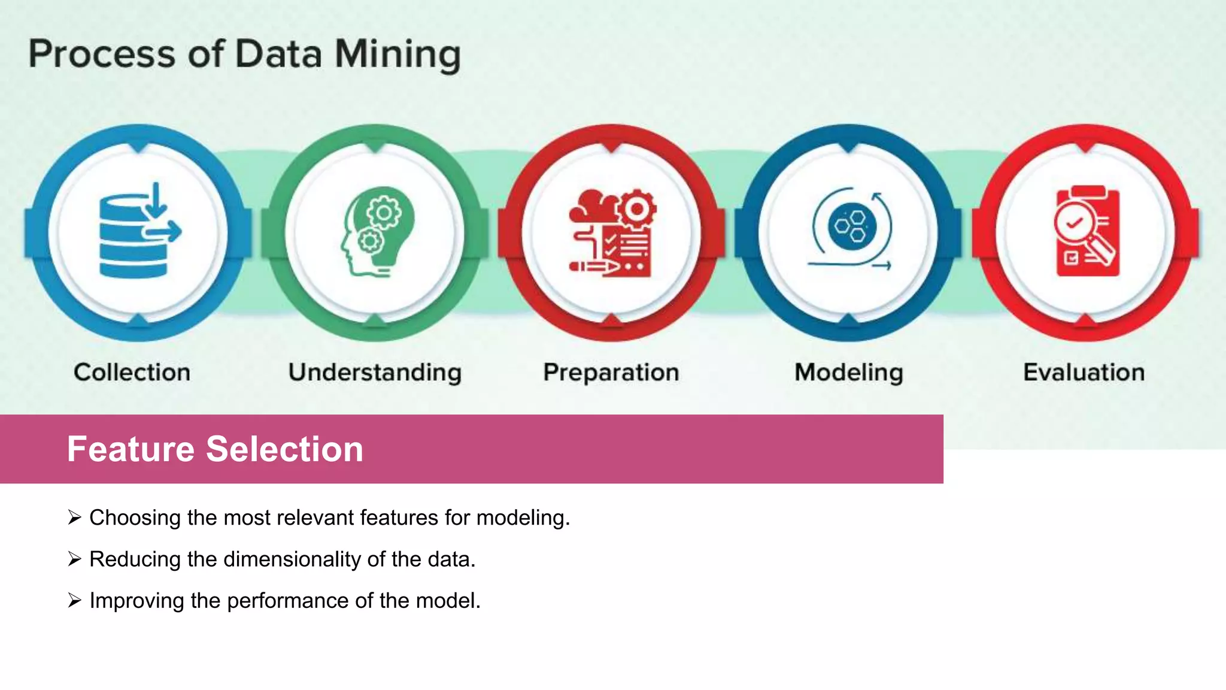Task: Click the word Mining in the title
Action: (x=397, y=55)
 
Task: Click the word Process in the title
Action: (x=102, y=55)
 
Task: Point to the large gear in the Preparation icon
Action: (x=637, y=209)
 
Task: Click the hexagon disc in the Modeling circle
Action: (x=852, y=227)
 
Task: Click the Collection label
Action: (x=132, y=373)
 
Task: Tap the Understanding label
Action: (x=375, y=373)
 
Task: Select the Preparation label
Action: (x=611, y=373)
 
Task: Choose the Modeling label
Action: (x=849, y=373)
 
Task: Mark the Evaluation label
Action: (x=1084, y=373)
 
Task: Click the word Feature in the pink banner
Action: (x=131, y=449)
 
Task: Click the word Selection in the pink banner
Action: (x=285, y=449)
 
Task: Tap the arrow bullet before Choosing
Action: (x=74, y=517)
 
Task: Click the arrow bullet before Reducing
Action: (x=74, y=559)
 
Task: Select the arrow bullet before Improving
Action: (x=74, y=600)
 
